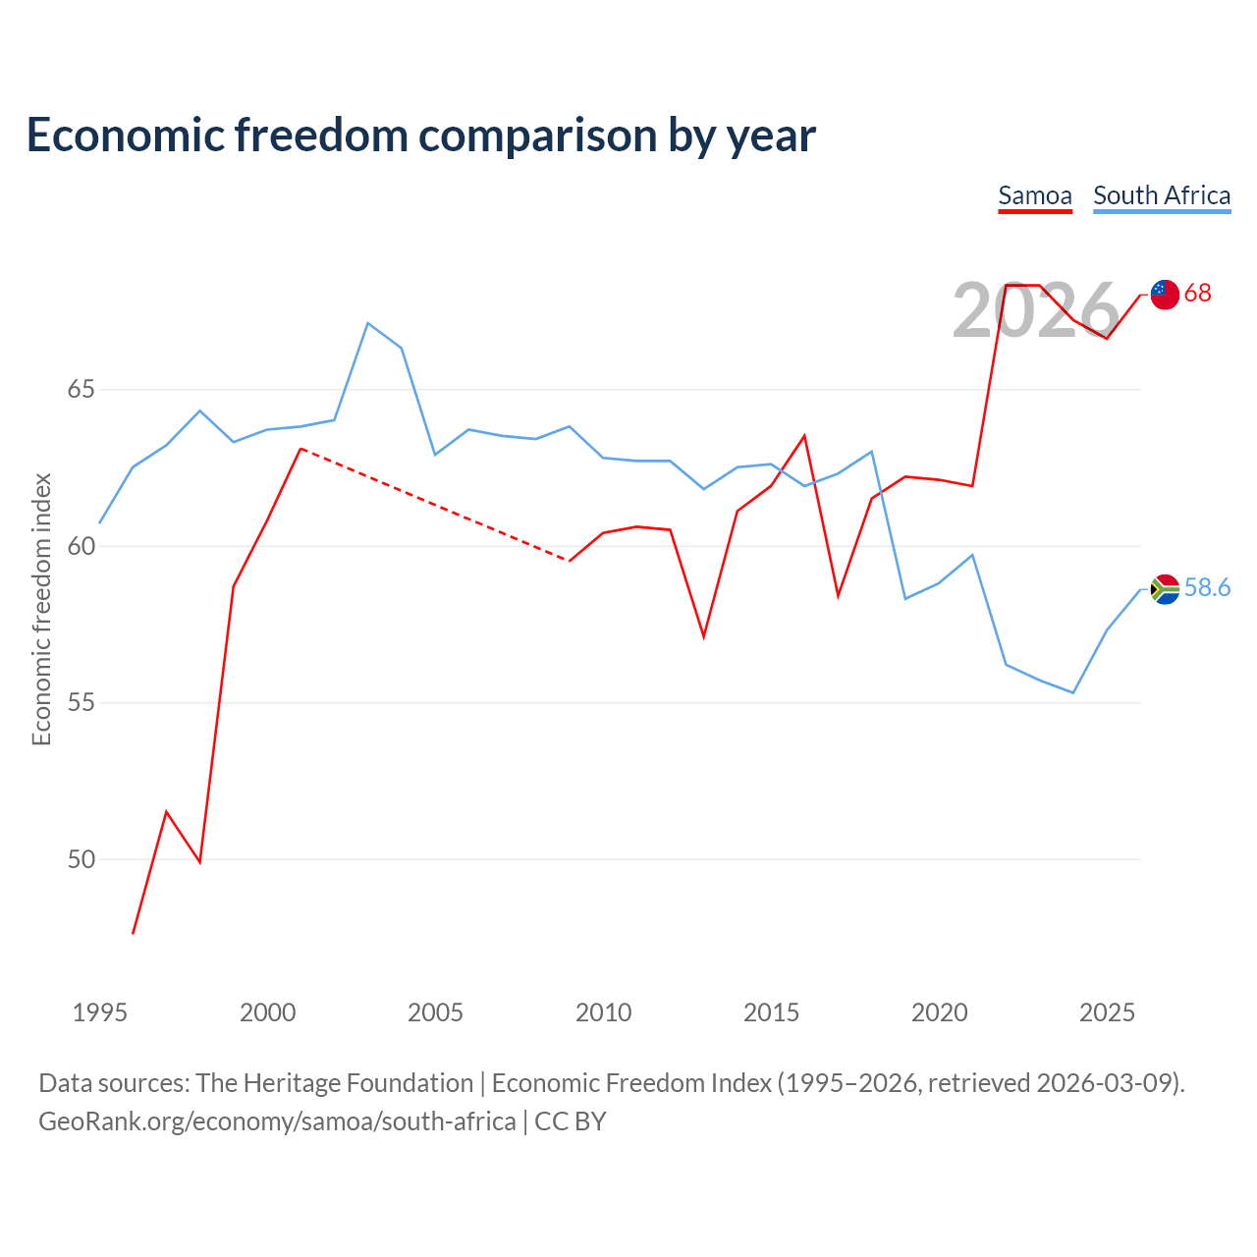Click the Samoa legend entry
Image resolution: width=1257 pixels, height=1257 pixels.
point(1034,196)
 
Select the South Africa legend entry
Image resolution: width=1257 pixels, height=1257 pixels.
point(1162,196)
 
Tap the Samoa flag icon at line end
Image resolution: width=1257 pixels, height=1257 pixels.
point(1165,295)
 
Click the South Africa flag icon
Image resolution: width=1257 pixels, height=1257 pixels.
point(1165,589)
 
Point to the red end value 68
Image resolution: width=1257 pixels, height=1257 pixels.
point(1198,293)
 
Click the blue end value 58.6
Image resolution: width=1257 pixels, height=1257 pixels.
point(1207,587)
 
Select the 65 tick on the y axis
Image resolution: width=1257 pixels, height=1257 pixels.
point(81,390)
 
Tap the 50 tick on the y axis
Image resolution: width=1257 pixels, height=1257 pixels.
point(81,859)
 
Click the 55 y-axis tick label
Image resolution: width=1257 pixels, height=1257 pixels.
point(81,702)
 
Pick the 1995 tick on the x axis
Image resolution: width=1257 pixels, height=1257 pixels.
point(100,1012)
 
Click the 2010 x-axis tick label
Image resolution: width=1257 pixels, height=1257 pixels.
point(603,1012)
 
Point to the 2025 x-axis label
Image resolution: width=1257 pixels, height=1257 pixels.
point(1107,1012)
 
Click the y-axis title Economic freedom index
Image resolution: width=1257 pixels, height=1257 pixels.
point(42,609)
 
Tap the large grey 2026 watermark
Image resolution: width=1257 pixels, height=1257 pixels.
point(1036,310)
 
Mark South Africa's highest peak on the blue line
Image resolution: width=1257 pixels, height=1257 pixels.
point(368,323)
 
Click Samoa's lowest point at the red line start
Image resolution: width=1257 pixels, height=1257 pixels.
point(134,934)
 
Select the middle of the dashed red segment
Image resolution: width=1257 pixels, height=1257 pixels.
point(435,504)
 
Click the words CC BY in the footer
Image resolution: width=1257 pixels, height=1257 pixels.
point(571,1121)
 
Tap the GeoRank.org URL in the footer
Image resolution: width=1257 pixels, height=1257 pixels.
point(277,1122)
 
